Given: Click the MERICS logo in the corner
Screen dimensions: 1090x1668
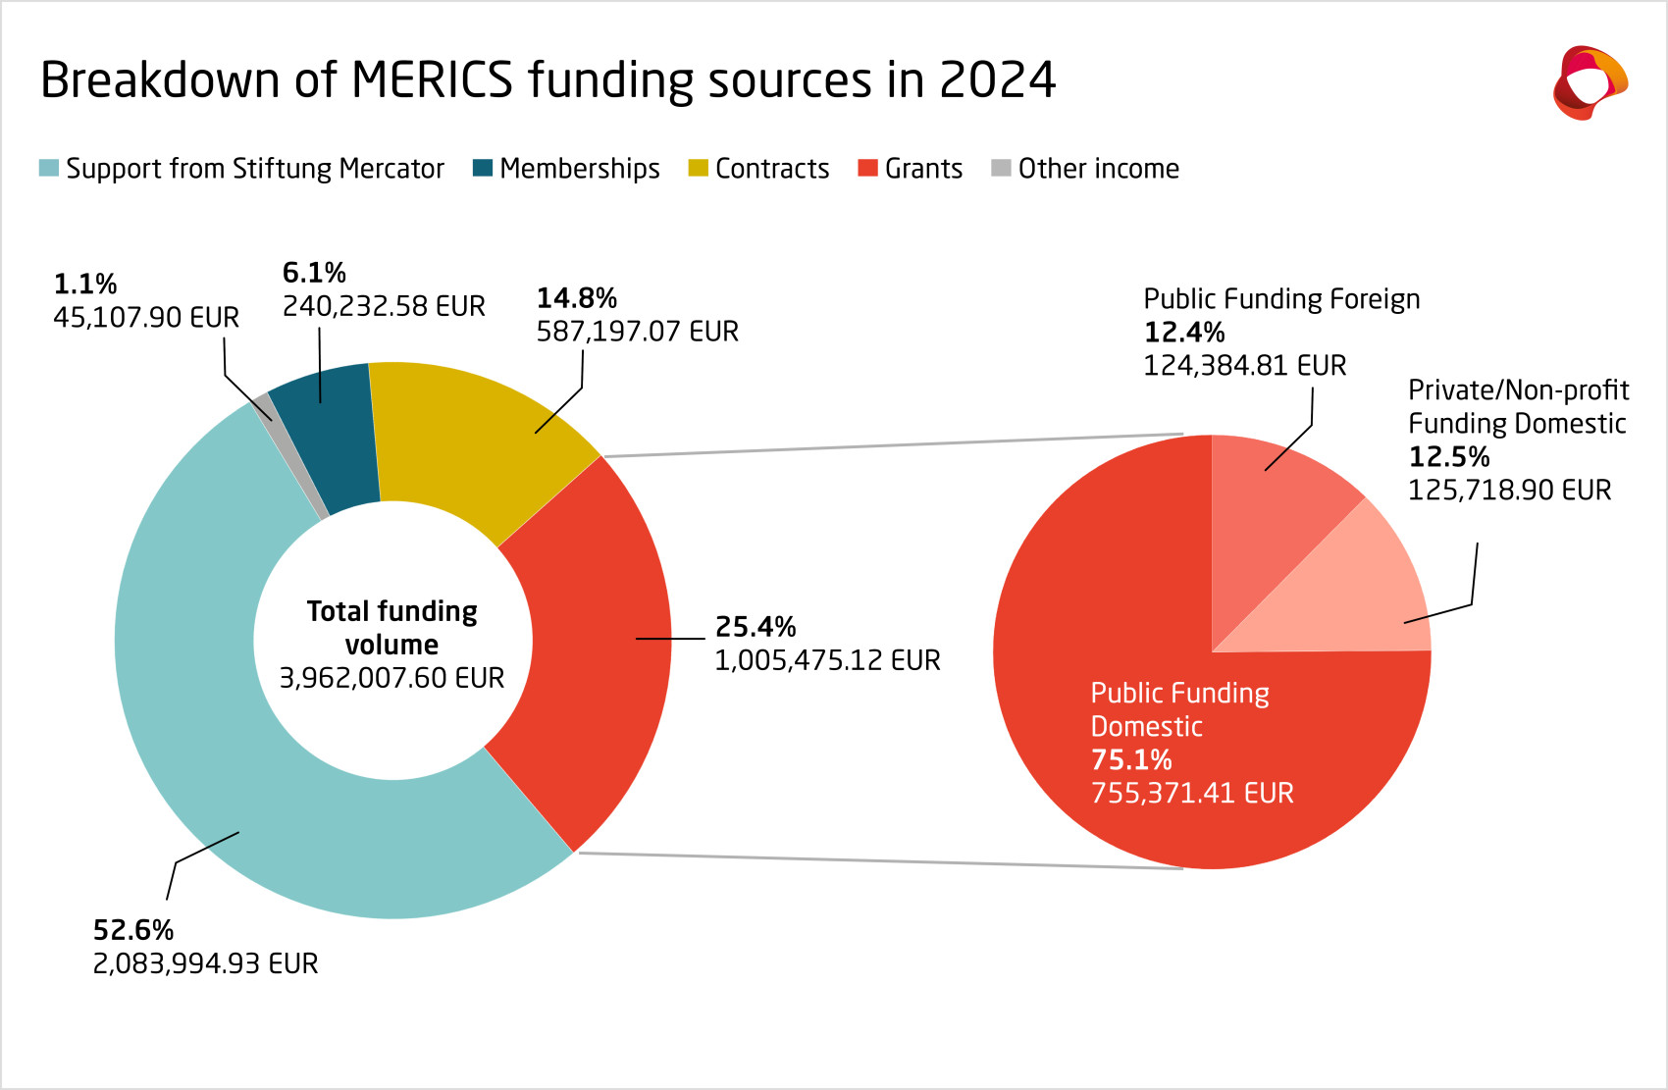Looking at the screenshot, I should coord(1590,82).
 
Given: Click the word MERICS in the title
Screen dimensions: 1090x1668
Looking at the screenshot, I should coord(432,79).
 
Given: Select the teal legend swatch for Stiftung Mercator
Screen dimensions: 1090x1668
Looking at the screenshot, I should coord(49,168).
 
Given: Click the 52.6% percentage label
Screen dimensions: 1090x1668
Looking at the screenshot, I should coord(133,930).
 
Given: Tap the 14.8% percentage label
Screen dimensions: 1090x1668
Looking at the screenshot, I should coord(577,298).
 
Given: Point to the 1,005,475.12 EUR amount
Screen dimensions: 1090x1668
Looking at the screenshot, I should coord(827,660).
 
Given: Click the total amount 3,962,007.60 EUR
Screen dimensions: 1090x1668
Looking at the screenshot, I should coord(391,678).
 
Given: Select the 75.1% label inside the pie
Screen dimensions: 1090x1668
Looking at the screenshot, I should coord(1131,760).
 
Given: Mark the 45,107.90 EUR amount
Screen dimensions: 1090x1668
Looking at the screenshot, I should coord(146,318).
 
